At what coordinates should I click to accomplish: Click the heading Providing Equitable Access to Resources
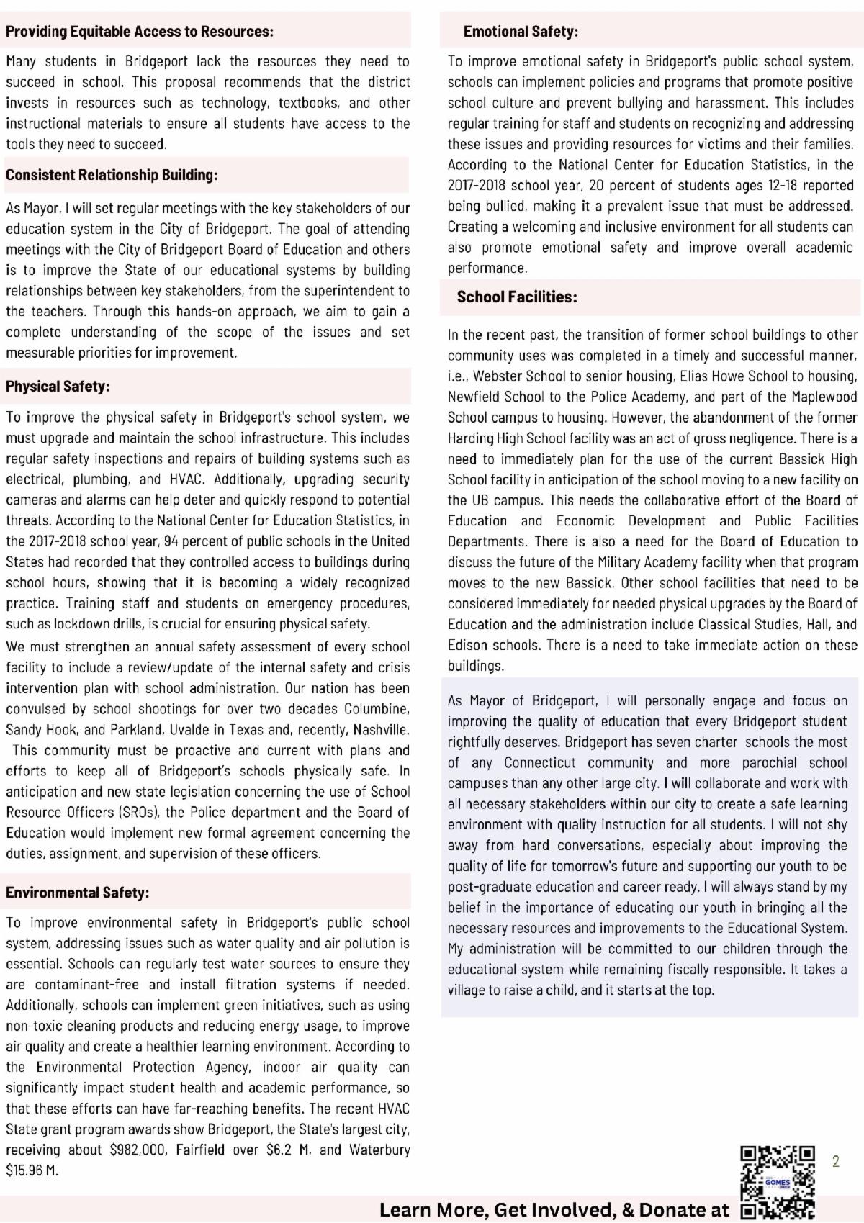(x=140, y=32)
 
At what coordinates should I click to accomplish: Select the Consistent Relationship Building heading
(x=112, y=175)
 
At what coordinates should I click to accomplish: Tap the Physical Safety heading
(x=58, y=387)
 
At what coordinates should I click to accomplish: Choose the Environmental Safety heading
(x=77, y=893)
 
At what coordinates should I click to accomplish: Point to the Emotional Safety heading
(x=521, y=32)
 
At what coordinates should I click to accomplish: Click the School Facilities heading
(x=516, y=297)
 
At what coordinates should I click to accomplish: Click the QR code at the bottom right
(x=778, y=1184)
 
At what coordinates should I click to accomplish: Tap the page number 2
(x=836, y=1161)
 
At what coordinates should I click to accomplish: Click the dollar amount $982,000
(x=138, y=1150)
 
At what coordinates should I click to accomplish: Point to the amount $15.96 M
(x=32, y=1170)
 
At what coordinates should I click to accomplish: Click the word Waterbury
(x=379, y=1150)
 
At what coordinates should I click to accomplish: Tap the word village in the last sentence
(x=467, y=990)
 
